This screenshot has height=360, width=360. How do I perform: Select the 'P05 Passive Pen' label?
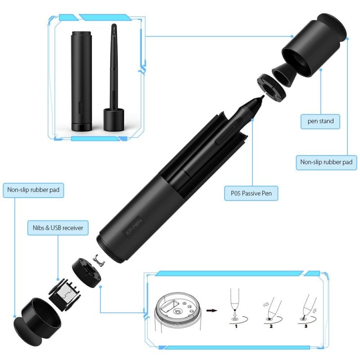tap(251, 194)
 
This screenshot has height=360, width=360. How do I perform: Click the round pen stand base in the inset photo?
tap(113, 119)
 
